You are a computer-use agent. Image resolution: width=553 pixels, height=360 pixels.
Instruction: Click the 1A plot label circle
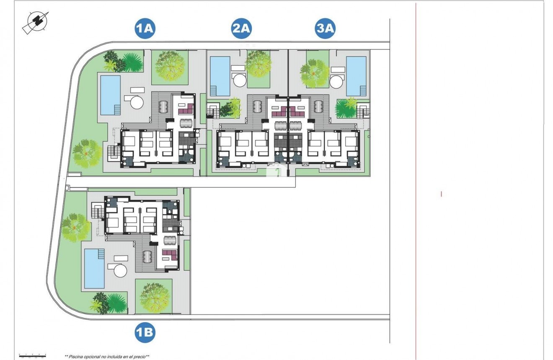(145, 28)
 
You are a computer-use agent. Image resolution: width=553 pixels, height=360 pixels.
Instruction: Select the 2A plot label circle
(241, 28)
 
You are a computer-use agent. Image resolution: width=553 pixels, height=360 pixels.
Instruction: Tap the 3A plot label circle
(326, 28)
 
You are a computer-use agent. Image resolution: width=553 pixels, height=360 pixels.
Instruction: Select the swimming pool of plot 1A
(111, 95)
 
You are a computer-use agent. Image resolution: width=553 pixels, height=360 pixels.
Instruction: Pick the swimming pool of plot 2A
(220, 76)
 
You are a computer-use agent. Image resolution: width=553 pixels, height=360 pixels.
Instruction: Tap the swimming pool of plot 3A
(356, 76)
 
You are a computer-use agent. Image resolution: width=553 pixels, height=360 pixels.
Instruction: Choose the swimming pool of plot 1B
(95, 269)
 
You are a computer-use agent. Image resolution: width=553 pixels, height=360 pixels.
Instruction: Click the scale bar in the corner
(32, 355)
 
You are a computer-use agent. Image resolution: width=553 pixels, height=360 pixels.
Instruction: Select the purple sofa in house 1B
(170, 254)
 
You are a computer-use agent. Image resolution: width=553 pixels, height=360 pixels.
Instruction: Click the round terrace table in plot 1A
(136, 101)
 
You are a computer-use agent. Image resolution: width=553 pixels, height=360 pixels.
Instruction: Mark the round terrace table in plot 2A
(240, 80)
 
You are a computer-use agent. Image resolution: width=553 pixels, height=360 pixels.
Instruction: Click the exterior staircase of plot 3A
(363, 111)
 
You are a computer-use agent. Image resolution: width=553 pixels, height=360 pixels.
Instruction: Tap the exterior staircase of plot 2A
(213, 111)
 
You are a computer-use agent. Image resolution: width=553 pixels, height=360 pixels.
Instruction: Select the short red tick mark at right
(441, 194)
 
